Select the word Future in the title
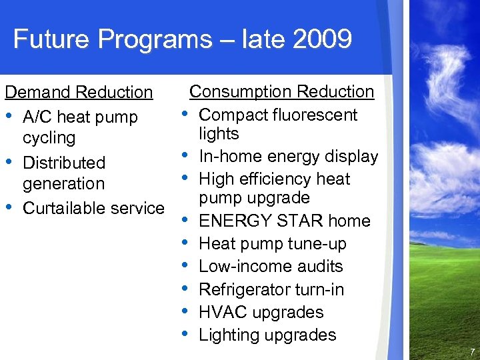53,39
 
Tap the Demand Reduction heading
79,92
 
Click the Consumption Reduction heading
282,91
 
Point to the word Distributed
64,163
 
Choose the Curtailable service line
93,208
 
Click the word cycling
49,138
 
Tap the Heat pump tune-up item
273,244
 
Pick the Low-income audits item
271,267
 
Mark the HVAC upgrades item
261,312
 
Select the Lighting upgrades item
267,335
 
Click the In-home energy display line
289,157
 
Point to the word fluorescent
312,115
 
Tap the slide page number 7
472,351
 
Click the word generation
64,183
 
